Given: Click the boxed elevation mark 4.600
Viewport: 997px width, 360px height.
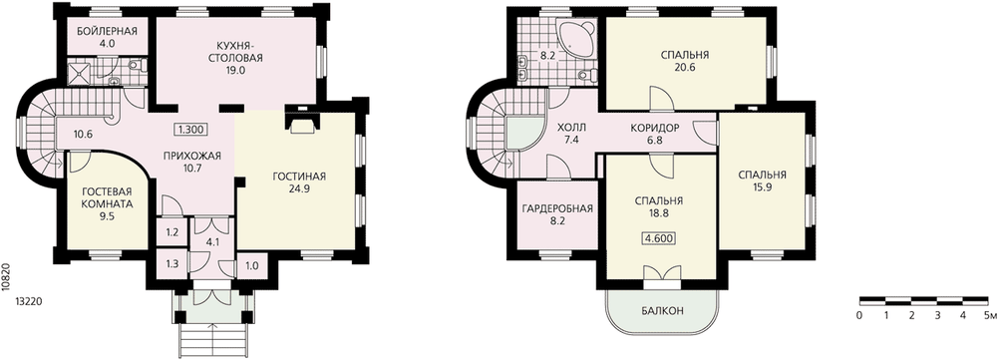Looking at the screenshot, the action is click(x=659, y=238).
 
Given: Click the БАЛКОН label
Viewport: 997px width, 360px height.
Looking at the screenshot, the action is click(x=662, y=311).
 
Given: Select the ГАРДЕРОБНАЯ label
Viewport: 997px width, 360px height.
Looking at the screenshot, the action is click(x=557, y=208).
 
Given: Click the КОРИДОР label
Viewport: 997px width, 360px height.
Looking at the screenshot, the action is click(x=655, y=128).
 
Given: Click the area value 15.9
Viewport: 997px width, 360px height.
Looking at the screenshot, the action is click(x=763, y=188).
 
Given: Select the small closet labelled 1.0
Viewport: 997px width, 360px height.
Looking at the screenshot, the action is click(x=252, y=267).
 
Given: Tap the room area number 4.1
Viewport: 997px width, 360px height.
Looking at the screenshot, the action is click(x=212, y=241).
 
